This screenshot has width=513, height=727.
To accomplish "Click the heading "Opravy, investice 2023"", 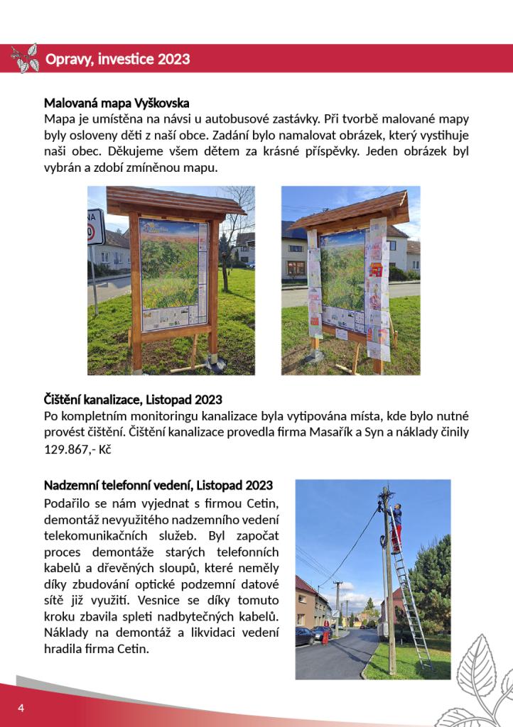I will click(117, 59).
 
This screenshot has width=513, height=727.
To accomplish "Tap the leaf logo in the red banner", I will click(25, 58).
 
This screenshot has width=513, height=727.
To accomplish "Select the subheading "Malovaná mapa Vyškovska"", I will click(117, 103).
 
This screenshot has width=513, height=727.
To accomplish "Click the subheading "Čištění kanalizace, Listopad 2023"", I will click(133, 400).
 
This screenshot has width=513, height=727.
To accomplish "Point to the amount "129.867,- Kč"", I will click(78, 450).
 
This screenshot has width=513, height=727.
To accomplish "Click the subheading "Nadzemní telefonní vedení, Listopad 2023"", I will click(158, 486).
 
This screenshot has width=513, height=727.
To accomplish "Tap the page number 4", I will click(21, 708).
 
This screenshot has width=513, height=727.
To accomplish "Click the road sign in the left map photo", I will click(95, 227).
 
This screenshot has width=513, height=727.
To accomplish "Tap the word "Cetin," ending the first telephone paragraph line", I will click(262, 504).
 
